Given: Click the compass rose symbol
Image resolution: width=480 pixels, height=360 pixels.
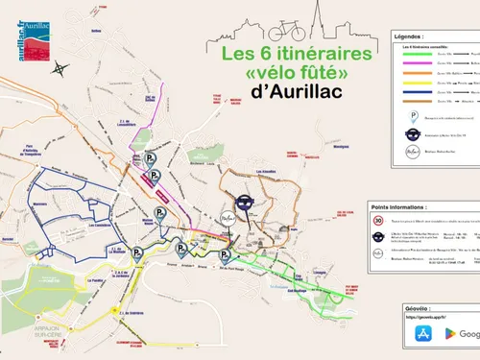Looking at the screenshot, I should tap(60, 68).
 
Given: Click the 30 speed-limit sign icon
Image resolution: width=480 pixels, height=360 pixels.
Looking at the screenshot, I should tap(380, 222).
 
